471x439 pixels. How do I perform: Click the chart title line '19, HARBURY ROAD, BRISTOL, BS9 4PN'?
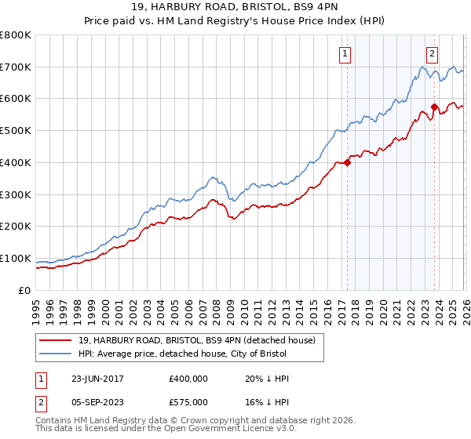tap(235, 8)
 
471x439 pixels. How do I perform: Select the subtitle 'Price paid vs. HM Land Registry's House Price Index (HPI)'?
tap(235, 21)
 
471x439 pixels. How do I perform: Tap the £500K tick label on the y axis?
tap(16, 131)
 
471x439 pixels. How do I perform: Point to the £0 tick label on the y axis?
tap(25, 290)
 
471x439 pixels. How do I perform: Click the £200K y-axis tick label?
tap(16, 227)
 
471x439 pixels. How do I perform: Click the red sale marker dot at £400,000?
tap(347, 163)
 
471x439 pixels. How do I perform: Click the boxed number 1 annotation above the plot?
tap(345, 54)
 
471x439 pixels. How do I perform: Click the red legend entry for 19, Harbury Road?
tap(196, 340)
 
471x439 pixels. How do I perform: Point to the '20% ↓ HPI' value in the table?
tap(267, 379)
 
